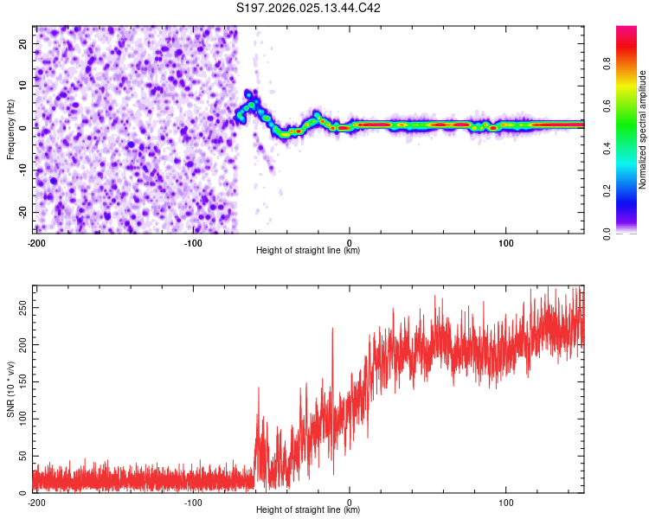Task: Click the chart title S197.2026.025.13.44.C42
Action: [308, 8]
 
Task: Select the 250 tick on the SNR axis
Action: [22, 307]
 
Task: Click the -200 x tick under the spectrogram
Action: [36, 241]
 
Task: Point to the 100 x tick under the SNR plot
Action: [506, 502]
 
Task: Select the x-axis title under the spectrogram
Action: [308, 251]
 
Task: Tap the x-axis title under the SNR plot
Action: [308, 510]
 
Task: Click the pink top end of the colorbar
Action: [627, 30]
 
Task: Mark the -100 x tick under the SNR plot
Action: [193, 502]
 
